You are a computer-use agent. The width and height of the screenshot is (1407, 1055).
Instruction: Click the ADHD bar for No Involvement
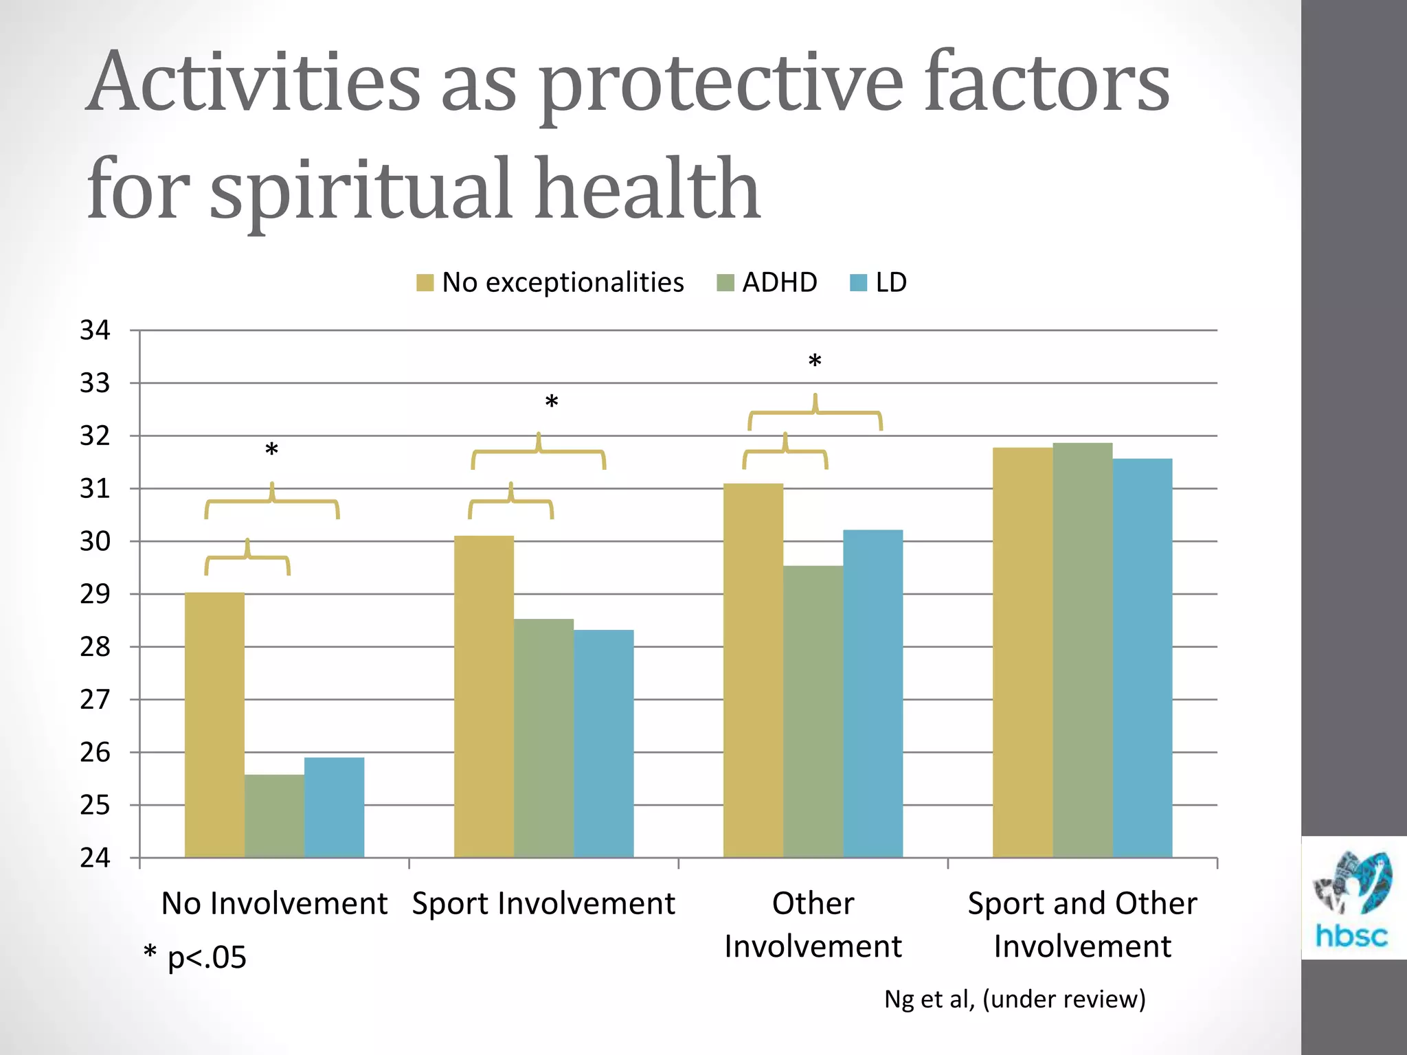pos(274,816)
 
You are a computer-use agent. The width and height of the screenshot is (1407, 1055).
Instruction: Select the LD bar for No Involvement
pos(334,807)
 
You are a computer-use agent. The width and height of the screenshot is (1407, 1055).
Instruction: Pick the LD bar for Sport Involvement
pos(603,743)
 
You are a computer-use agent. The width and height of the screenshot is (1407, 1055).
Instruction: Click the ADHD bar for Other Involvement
pos(813,711)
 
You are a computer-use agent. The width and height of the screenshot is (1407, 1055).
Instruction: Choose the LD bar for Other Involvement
pos(873,693)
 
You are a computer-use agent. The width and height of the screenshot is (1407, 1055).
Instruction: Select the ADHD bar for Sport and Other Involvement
pos(1082,650)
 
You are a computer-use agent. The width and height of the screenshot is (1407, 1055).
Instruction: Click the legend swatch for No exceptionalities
pos(425,283)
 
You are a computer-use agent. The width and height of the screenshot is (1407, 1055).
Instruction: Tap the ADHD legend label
pos(779,282)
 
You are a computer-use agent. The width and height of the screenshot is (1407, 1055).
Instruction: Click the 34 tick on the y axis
pos(95,330)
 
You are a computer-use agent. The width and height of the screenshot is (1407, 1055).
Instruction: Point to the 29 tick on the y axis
pos(95,594)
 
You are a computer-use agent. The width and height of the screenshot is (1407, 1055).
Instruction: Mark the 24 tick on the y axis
pos(95,858)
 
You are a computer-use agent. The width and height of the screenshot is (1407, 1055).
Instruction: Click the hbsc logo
pos(1351,898)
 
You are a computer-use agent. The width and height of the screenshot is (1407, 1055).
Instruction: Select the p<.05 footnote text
pos(196,957)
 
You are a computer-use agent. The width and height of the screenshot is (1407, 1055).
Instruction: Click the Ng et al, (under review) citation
pos(1015,999)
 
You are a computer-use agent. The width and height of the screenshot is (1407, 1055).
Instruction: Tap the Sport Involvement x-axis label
pos(543,903)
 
